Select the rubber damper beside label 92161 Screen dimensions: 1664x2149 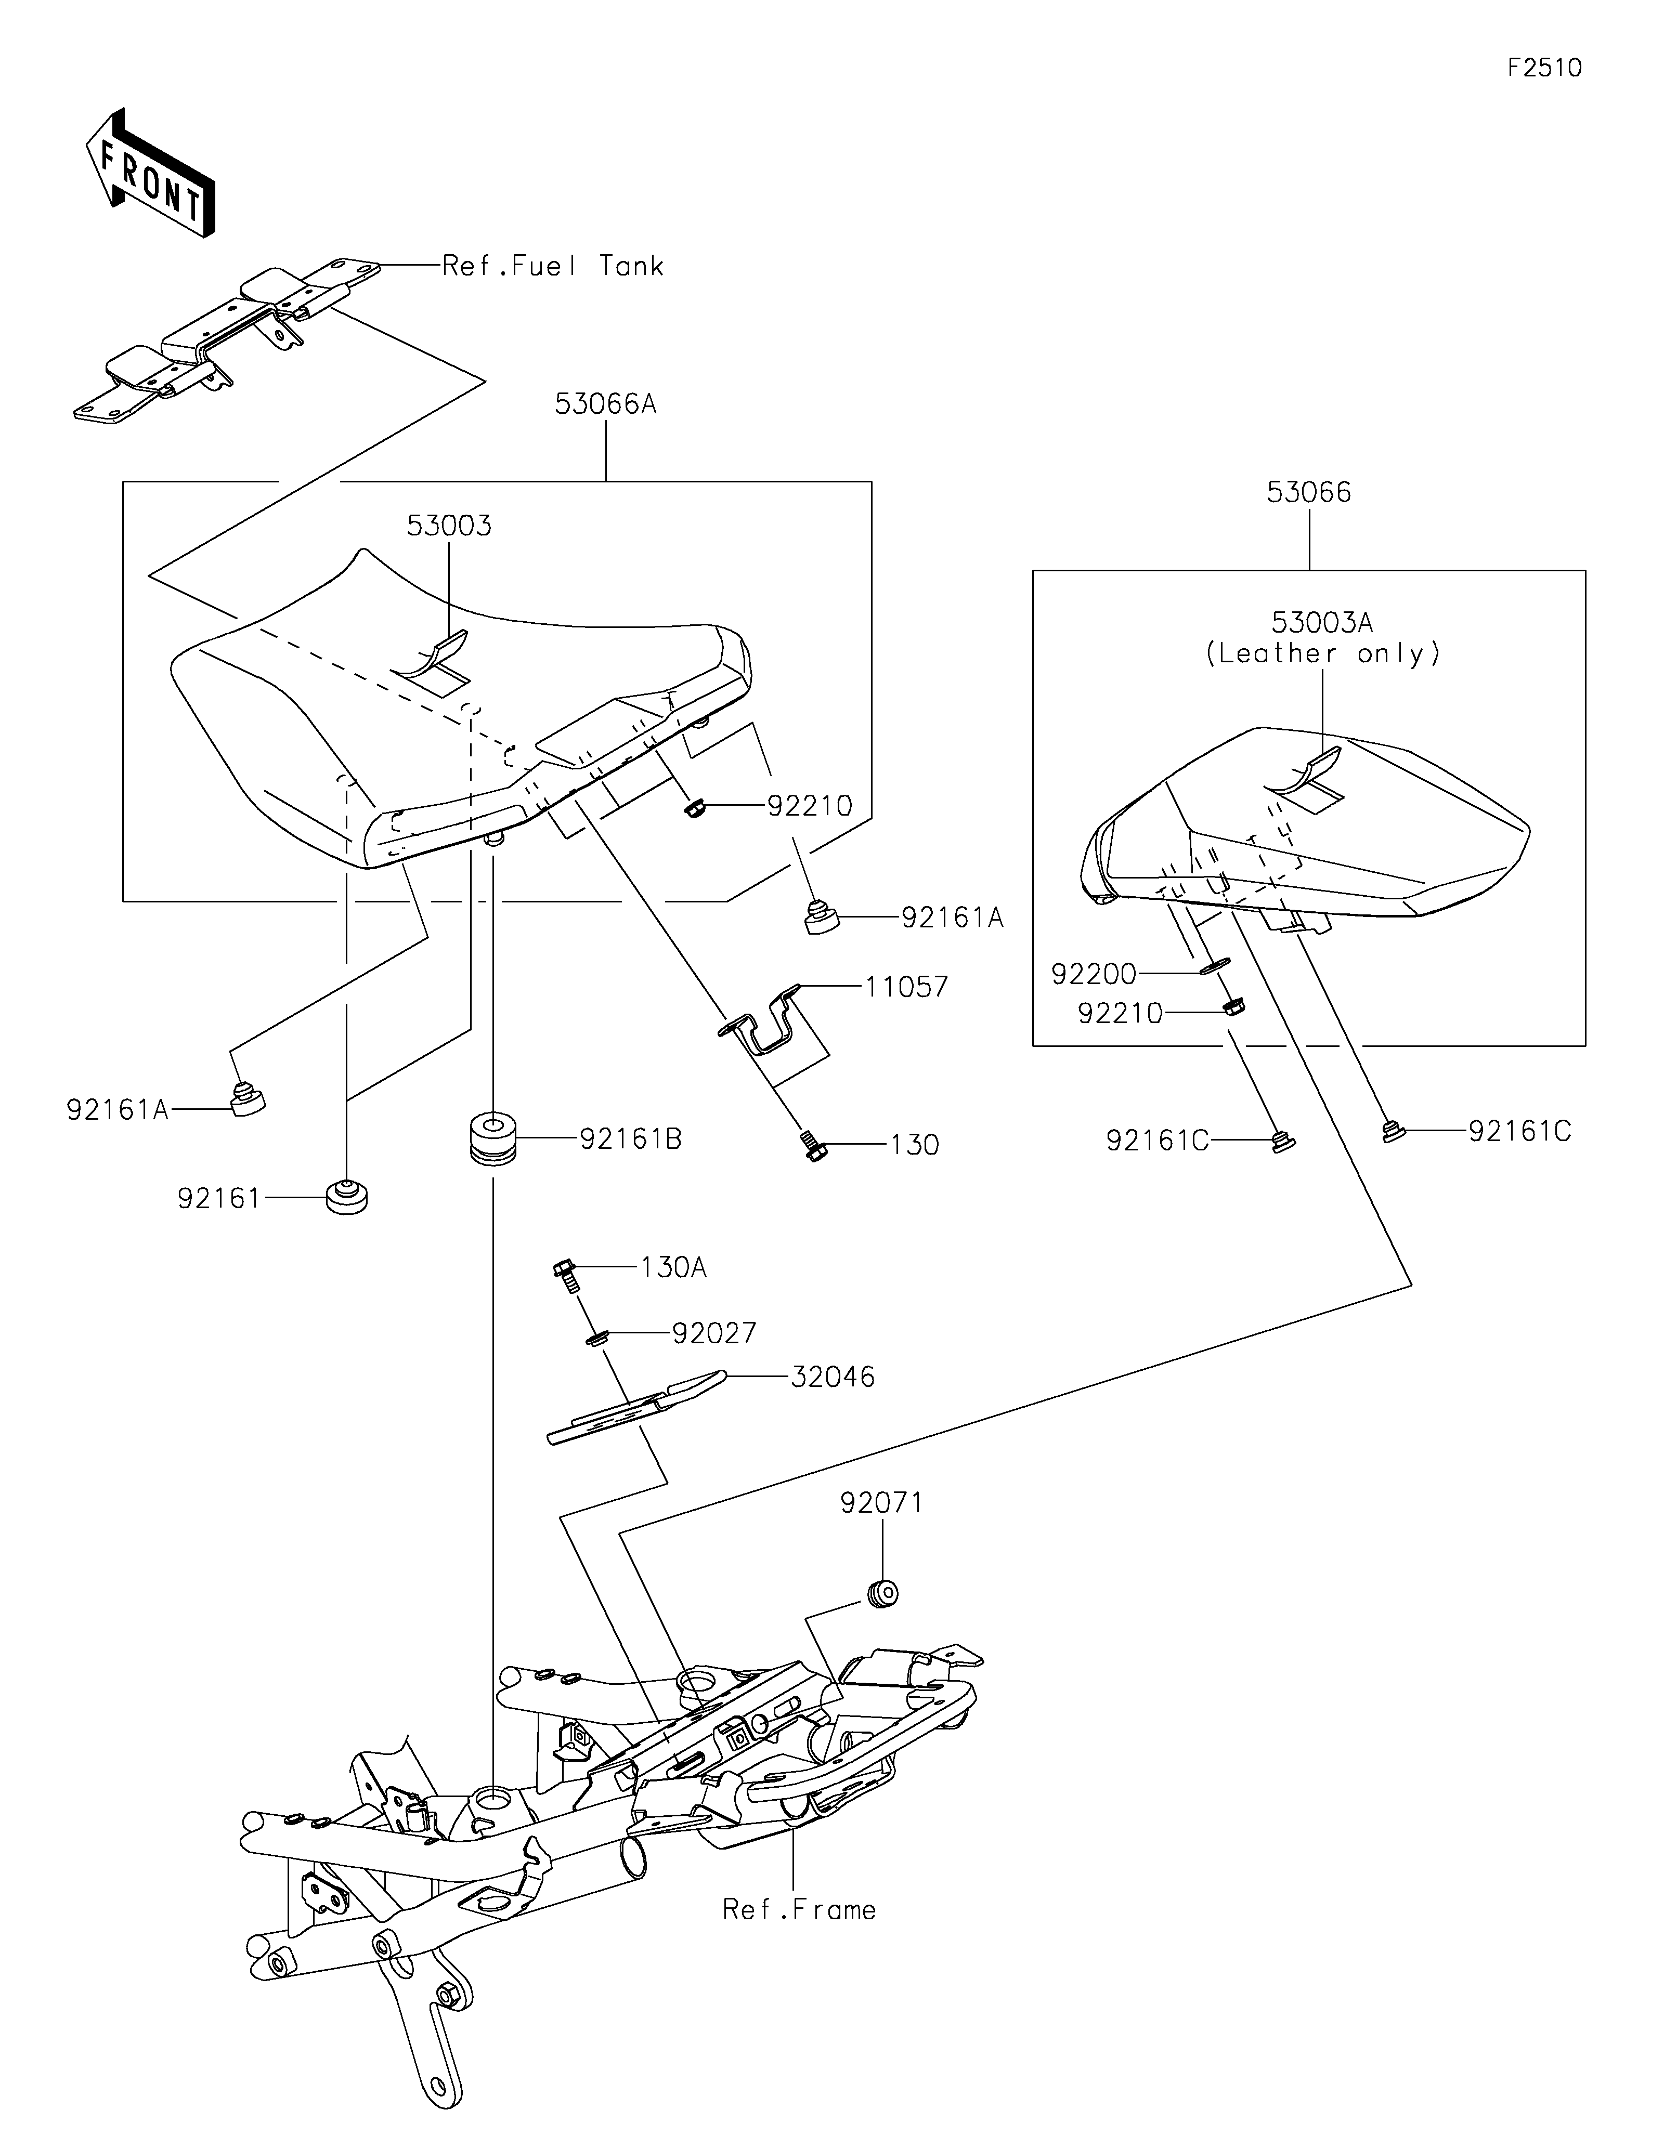(x=346, y=1196)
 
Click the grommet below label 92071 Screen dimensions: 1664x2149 (x=882, y=1591)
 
